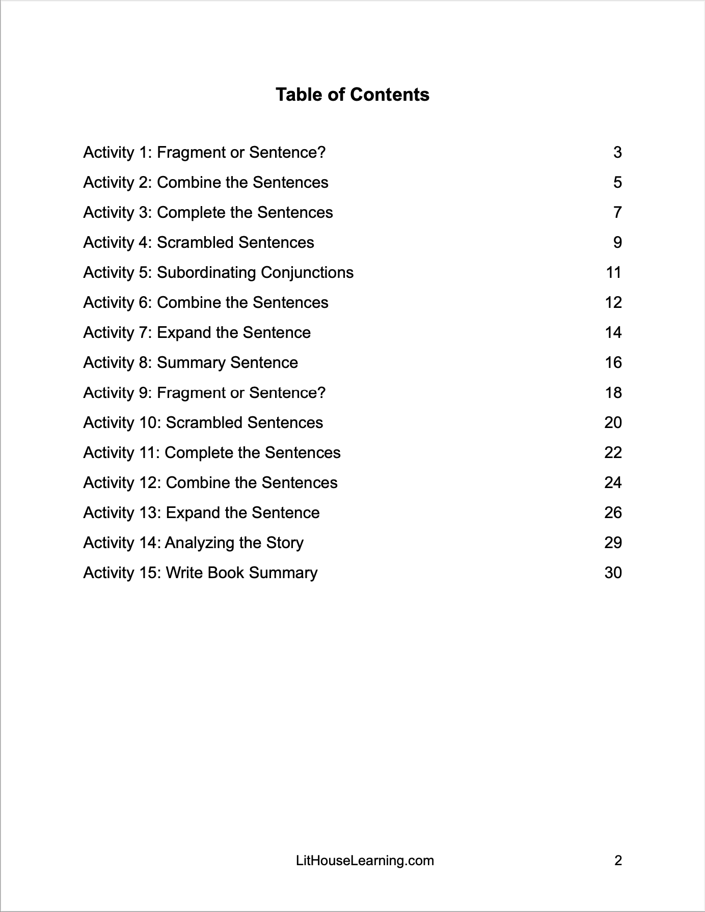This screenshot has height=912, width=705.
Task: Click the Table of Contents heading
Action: click(x=352, y=95)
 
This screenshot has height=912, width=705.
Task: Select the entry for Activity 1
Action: click(x=204, y=152)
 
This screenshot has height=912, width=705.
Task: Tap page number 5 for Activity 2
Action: click(x=617, y=182)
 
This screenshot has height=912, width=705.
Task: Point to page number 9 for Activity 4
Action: click(x=617, y=242)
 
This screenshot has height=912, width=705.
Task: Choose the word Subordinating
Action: click(x=206, y=272)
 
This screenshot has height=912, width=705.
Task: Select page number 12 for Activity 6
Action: click(x=613, y=302)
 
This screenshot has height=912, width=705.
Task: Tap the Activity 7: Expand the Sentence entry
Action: click(x=197, y=332)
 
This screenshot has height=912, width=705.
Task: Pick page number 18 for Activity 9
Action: click(x=613, y=392)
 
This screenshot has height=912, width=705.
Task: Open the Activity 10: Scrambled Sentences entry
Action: click(x=203, y=422)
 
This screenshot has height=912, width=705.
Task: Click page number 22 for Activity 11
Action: click(x=613, y=452)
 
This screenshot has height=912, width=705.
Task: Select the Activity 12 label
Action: click(x=122, y=482)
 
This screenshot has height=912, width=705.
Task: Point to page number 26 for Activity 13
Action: click(x=613, y=512)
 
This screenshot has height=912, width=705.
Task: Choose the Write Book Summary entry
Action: click(x=241, y=573)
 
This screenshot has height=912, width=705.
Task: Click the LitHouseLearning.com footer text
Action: click(x=365, y=861)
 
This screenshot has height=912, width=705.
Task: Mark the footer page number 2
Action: click(x=618, y=861)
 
